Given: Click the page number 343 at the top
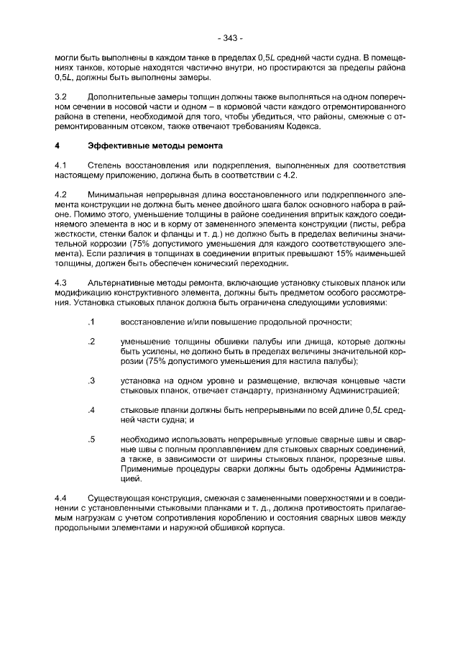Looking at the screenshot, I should point(229,37).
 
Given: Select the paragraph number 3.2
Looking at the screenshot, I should point(61,96).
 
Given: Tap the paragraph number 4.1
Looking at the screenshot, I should point(61,165).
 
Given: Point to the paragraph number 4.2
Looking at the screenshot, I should point(61,195).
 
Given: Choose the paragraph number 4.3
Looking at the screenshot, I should point(61,283).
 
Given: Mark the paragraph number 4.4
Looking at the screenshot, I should point(61,498).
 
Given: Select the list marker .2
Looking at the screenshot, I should point(91,340).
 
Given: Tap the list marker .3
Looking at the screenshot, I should point(91,380).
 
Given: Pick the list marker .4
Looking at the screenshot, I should point(91,409).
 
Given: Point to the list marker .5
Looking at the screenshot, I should point(91,439).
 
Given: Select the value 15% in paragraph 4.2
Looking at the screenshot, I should point(344,253).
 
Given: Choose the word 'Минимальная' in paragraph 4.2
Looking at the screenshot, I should point(115,195).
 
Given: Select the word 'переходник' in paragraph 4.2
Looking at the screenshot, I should point(242,263).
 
